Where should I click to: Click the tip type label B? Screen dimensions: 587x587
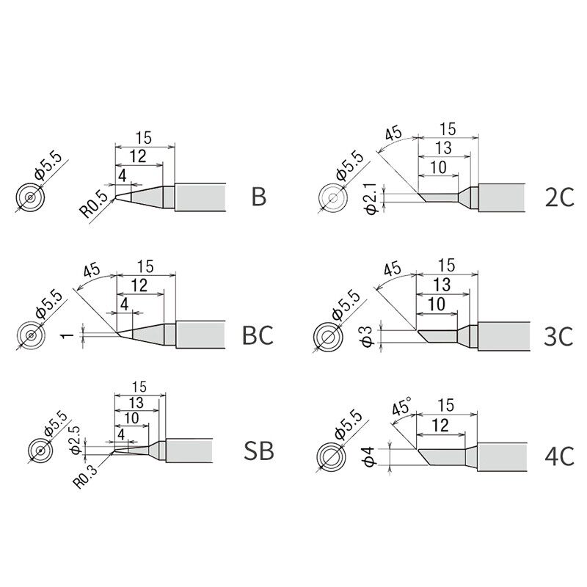[259, 197]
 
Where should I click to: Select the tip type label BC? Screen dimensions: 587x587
[258, 335]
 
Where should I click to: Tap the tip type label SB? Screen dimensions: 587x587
[259, 451]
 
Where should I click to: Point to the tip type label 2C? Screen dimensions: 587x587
[559, 197]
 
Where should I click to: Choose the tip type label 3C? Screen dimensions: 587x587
[558, 336]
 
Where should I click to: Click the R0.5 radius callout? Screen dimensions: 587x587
[93, 205]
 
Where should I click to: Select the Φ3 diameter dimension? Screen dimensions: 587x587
[368, 337]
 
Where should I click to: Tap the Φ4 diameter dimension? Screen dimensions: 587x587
[369, 456]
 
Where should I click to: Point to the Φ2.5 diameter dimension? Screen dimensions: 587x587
[76, 440]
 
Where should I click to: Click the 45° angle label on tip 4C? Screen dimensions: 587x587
[401, 406]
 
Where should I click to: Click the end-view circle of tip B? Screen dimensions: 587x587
[30, 197]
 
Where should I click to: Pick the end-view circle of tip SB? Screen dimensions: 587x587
[40, 449]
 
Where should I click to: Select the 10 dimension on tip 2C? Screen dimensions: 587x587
[438, 167]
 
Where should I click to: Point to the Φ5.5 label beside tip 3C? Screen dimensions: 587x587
[344, 305]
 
